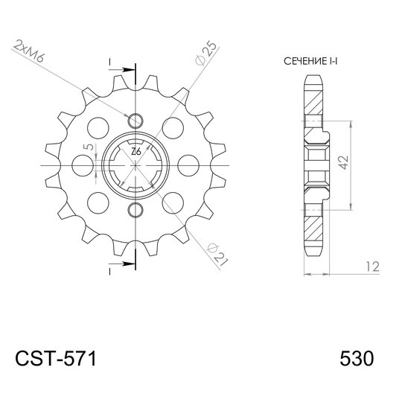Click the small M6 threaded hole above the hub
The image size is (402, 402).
click(x=135, y=121)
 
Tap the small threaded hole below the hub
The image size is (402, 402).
click(x=135, y=208)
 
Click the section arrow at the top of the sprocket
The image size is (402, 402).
click(x=124, y=70)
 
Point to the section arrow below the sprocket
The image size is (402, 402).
click(x=124, y=262)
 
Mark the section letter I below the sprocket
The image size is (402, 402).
click(x=110, y=272)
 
